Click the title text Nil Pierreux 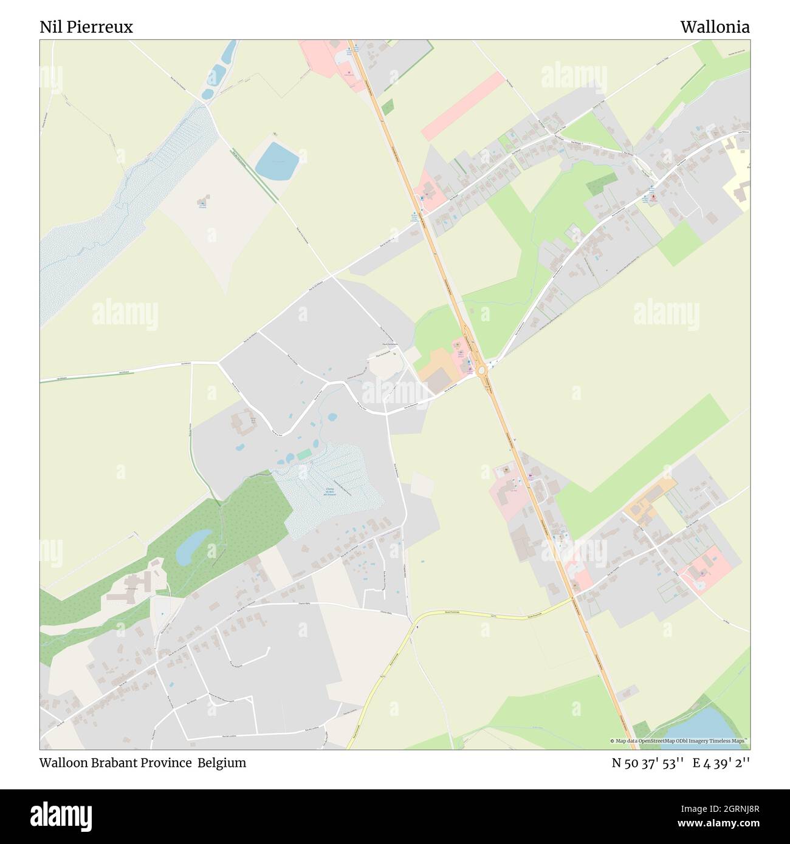tap(86, 27)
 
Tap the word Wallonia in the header tap(715, 27)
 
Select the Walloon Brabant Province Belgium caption tap(143, 763)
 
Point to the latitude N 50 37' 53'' tap(648, 763)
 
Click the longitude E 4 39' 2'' tap(723, 763)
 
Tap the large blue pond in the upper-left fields tap(276, 161)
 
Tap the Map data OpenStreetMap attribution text tap(679, 741)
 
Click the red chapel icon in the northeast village tap(653, 197)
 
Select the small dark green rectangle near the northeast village tap(601, 182)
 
